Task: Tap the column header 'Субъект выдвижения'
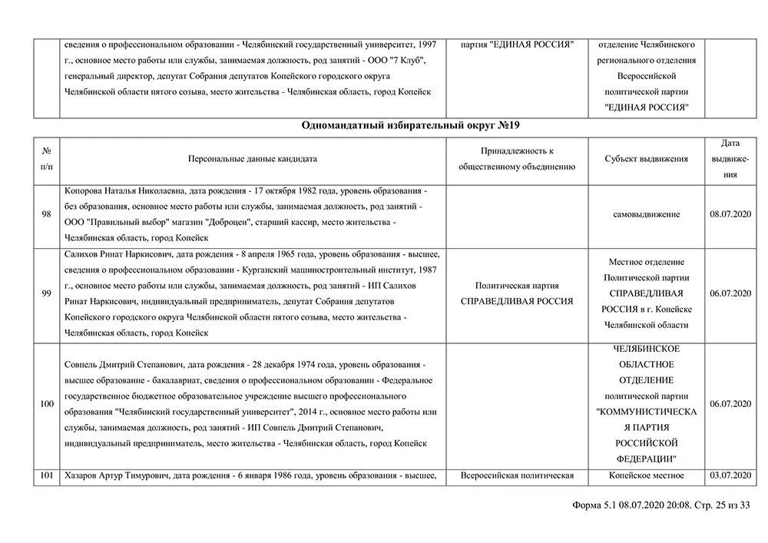pos(646,159)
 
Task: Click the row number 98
pos(46,214)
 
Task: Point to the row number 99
pos(46,293)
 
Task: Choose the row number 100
pos(46,402)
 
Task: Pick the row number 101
pos(46,475)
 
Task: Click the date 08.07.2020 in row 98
pos(730,214)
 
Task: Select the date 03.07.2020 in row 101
pos(730,475)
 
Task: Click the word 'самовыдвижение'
pos(646,214)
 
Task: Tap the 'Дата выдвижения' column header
pos(730,159)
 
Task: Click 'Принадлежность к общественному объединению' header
pos(517,159)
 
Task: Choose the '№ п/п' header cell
pos(46,159)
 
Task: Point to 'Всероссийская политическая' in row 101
pos(517,475)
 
